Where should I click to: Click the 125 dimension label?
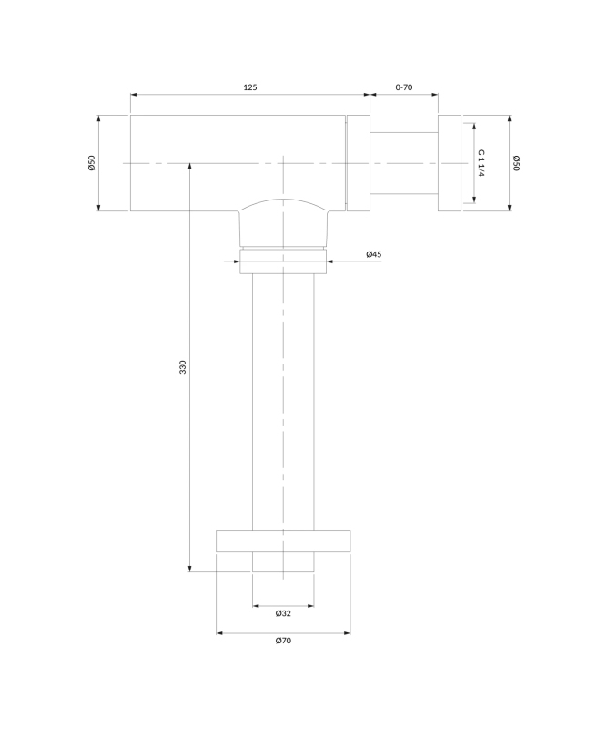250,87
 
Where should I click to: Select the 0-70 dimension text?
403,87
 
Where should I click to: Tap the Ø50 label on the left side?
92,163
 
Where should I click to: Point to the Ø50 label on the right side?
516,163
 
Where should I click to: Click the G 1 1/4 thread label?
481,163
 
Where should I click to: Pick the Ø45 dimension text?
373,254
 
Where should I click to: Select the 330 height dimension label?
183,367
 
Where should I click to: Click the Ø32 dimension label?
283,613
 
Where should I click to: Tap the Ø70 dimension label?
283,641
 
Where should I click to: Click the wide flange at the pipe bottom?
283,541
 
